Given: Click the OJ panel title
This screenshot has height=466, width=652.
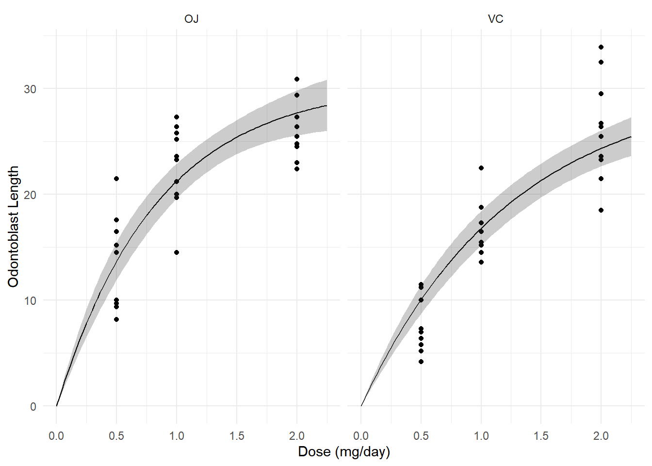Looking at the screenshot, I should pos(191,19).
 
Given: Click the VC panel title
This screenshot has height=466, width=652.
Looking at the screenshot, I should pos(495,19).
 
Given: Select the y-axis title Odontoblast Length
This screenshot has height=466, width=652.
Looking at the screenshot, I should pos(14,226).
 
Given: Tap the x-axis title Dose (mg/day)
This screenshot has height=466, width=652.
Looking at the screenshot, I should pos(343,452).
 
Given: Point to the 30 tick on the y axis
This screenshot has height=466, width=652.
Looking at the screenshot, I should pos(30,89).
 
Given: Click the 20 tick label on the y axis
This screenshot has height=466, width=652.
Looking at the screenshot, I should pos(30,195).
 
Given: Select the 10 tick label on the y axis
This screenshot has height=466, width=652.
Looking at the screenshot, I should pos(30,300).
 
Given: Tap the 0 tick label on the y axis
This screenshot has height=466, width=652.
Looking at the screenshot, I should pos(33,407).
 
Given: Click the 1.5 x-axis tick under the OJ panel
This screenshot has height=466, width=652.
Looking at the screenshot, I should pos(237,436).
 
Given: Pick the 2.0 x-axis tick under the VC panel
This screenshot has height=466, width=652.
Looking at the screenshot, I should pos(601,436).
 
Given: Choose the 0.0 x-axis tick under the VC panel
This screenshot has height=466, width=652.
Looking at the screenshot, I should pos(361,436).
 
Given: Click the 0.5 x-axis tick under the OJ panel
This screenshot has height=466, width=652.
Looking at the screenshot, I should pos(116,436).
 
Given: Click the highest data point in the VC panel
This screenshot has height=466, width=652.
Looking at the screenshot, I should pos(601,47).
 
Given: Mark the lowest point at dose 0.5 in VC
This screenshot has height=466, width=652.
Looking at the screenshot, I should pos(421,362).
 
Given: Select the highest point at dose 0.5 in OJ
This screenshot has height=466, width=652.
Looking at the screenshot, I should pos(116,179).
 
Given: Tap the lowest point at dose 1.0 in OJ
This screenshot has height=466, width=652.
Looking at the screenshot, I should pos(177,252).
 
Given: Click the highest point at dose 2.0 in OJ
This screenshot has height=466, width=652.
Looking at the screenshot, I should pos(297,79).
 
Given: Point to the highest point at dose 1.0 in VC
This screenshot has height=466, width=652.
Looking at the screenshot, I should pos(481,168).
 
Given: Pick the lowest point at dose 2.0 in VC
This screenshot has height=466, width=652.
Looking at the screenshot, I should pos(601,210).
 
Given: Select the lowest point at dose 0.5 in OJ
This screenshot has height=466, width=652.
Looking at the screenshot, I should pos(116,319).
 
